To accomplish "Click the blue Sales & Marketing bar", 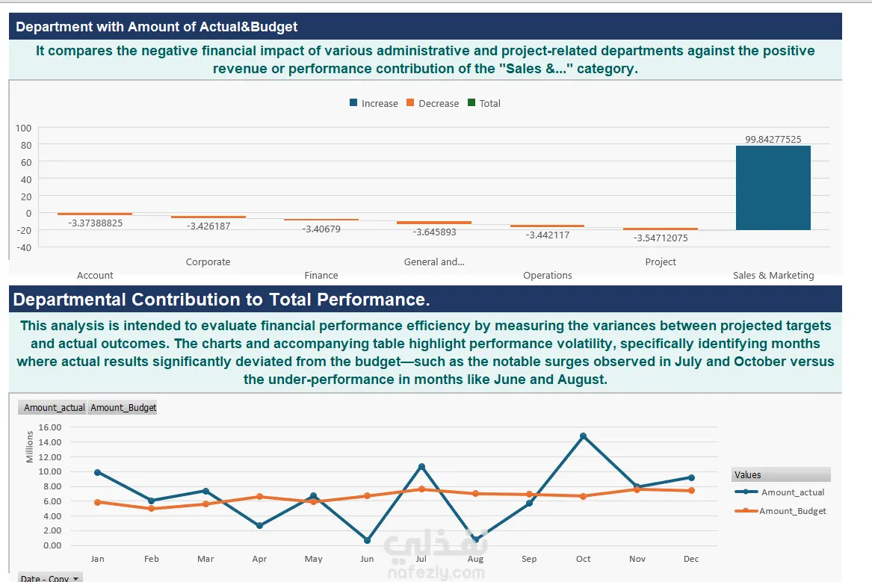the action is coord(773,188).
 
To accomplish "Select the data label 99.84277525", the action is coord(773,139).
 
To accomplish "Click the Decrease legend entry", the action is coord(433,103).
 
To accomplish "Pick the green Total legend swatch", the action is coord(471,103).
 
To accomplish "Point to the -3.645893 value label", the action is coord(434,232).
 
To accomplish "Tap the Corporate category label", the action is coord(208,261).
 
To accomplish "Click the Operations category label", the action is coord(547,275).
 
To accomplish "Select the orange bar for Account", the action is coord(95,214).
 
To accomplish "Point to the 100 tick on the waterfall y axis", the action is coord(23,128).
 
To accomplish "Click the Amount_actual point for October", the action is coord(583,436).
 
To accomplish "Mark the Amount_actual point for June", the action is coord(367,540).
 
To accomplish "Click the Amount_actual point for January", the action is coord(98,472).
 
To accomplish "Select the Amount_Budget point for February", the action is coord(151,509).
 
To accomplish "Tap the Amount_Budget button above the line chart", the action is coord(123,407).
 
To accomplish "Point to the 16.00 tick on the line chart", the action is coord(49,427).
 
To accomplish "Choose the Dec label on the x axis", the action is coord(691,559).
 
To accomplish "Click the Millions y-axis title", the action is coord(29,447).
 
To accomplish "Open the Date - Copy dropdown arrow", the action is coord(76,579).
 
